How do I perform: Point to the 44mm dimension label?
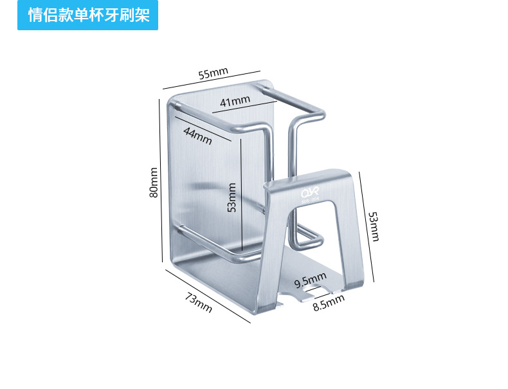click(x=197, y=135)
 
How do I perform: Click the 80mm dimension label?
click(x=153, y=183)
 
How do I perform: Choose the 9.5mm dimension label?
click(x=311, y=281)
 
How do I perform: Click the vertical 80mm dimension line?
click(x=161, y=180)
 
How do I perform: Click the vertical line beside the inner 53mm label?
click(x=241, y=193)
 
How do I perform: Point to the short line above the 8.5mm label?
click(x=325, y=294)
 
